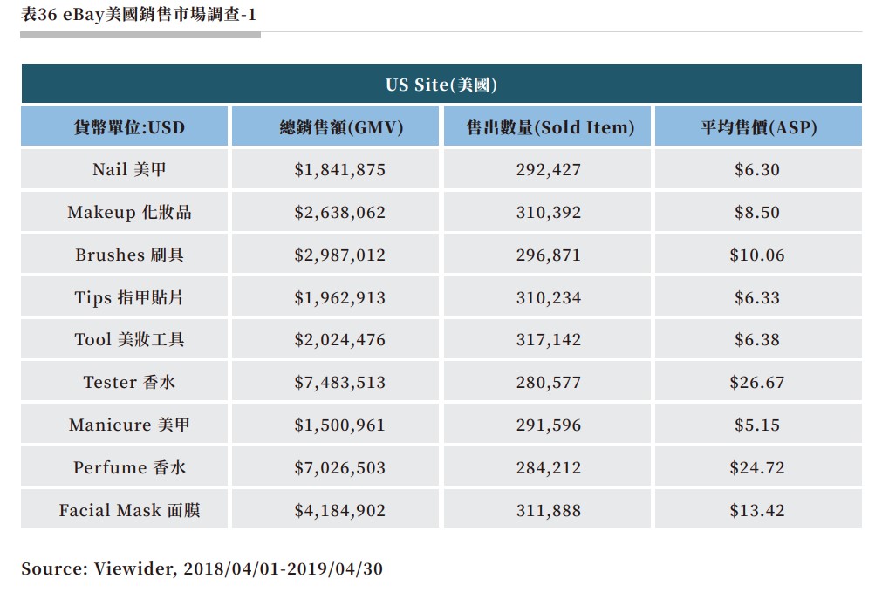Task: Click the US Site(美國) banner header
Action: click(441, 85)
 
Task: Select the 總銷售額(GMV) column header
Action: click(340, 127)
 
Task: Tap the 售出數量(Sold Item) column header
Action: click(548, 127)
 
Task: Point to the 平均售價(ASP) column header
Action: click(757, 127)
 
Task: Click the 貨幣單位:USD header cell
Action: click(129, 127)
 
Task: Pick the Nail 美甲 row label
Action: click(129, 169)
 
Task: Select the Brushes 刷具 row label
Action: click(129, 255)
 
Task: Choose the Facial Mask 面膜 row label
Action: click(129, 510)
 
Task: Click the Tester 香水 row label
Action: click(129, 382)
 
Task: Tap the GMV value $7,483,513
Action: click(339, 382)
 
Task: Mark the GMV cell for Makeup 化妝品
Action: click(339, 212)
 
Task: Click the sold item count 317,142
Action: click(548, 340)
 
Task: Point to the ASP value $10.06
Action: click(757, 255)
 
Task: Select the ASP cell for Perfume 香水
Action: click(757, 467)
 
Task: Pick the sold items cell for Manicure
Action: click(548, 425)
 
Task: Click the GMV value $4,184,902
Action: click(339, 510)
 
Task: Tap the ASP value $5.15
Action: click(757, 425)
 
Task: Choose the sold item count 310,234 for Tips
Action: click(548, 297)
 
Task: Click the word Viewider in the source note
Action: click(135, 568)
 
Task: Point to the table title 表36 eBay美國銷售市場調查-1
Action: click(139, 15)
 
